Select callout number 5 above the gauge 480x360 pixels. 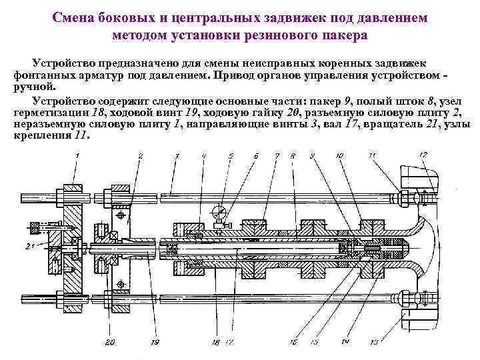[x=231, y=156]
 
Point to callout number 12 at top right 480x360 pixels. [x=424, y=155]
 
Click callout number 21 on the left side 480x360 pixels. [x=29, y=247]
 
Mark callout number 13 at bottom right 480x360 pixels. [x=391, y=342]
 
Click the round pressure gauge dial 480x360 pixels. [x=217, y=213]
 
